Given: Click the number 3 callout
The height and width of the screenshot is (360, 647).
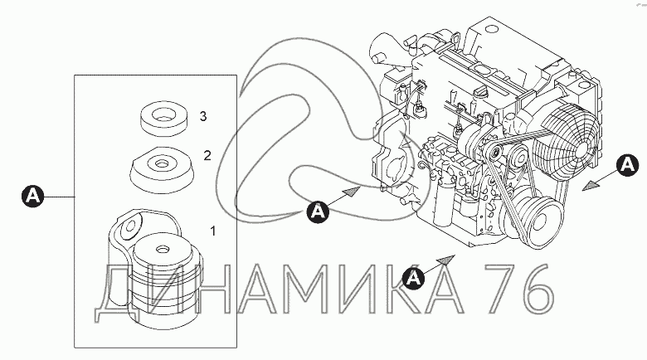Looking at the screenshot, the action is coord(202,114).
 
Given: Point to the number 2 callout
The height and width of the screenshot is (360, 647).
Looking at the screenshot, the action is coord(207,155).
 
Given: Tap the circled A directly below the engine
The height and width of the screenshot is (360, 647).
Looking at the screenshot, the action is coord(413,277).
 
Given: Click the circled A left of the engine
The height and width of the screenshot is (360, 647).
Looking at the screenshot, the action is coord(317,212).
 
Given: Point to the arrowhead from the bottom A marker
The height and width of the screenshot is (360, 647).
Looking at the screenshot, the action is coord(448,259).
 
